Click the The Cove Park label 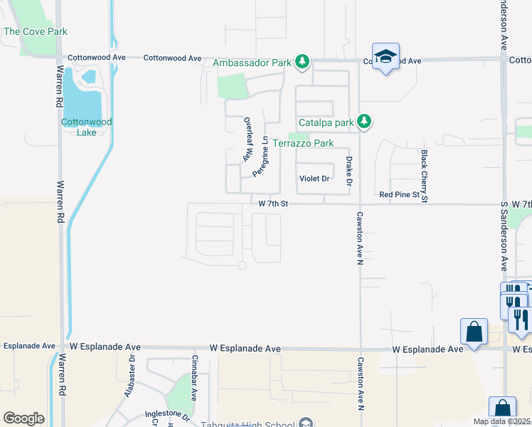click(36, 31)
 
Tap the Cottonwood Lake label click(86, 127)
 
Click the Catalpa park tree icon click(364, 122)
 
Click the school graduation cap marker click(385, 57)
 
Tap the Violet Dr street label click(314, 179)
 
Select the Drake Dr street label click(349, 172)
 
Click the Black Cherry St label click(424, 176)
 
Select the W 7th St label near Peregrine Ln click(273, 204)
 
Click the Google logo click(23, 418)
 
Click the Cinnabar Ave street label click(193, 369)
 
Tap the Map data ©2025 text click(503, 421)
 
